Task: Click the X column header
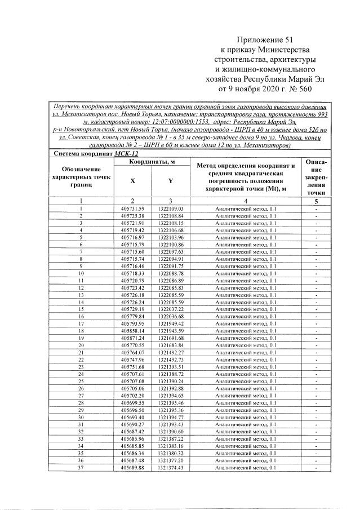(x=132, y=181)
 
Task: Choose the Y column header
(x=170, y=181)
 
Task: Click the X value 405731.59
(x=132, y=209)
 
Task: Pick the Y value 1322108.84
(x=171, y=216)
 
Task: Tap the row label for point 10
(x=81, y=273)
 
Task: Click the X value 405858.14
(x=132, y=330)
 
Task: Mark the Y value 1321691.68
(x=171, y=338)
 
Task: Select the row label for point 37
(x=81, y=467)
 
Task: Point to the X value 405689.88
(x=132, y=467)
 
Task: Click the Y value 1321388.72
(x=171, y=374)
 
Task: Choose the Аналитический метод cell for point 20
(x=246, y=345)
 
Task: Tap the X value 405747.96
(x=132, y=360)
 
